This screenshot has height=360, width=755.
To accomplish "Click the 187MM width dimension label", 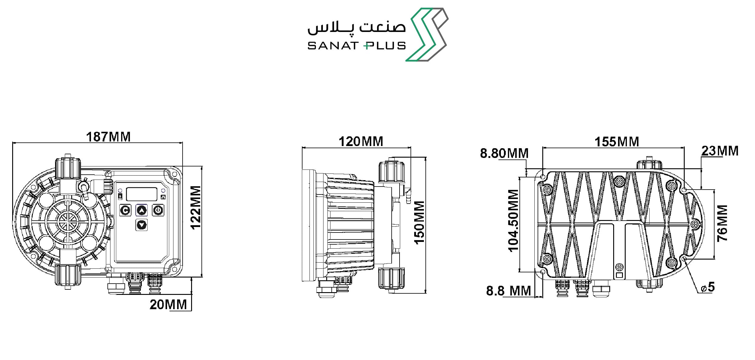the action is pos(108,137).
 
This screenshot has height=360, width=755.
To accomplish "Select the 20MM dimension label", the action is pos(168,305).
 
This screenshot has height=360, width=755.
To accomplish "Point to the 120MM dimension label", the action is pos(361,142).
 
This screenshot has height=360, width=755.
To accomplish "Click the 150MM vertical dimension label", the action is pos(419,222).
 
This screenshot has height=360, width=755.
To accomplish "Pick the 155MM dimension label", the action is pos(617,142).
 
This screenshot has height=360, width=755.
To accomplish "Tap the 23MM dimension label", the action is pos(720,151).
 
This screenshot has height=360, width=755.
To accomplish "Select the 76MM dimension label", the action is pos(722,223).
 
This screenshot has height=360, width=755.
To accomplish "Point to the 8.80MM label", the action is pos(504,153).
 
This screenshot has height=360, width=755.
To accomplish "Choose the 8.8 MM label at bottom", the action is pos(509,291).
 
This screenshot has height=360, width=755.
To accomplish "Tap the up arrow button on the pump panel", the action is pos(142,210).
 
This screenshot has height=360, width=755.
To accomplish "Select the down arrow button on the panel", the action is pos(142,225).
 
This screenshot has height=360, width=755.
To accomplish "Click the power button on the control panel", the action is pos(158,210).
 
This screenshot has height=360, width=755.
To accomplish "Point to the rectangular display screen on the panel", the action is pos(142,194).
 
